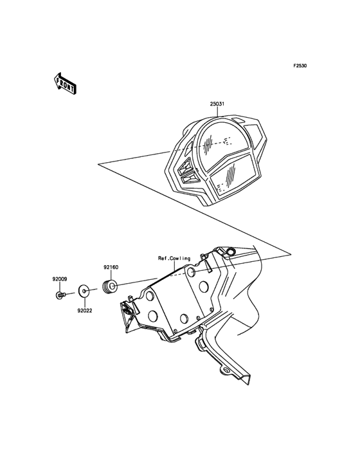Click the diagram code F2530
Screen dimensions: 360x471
(x=300, y=65)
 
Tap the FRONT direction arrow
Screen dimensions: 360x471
(x=65, y=84)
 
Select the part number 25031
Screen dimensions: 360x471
(x=217, y=104)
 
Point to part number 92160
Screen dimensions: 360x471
(x=111, y=267)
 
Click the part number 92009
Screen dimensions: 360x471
(x=59, y=279)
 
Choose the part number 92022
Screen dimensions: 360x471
(x=85, y=311)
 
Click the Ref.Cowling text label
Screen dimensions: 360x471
(x=174, y=258)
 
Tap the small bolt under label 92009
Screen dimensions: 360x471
(x=60, y=295)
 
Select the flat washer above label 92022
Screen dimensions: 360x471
(x=83, y=291)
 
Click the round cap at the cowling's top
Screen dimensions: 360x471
(x=231, y=251)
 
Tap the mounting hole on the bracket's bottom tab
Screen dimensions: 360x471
(x=224, y=369)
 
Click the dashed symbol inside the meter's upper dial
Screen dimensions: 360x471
(x=228, y=141)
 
